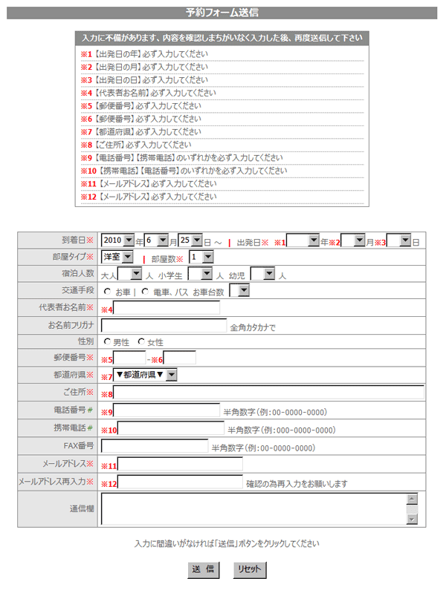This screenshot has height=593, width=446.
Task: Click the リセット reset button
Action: pos(248,570)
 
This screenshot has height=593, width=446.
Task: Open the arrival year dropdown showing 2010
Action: pos(118,240)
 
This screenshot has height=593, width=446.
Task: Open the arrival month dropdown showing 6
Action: pos(157,240)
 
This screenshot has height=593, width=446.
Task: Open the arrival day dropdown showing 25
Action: pos(190,240)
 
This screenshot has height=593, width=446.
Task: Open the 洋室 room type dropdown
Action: pos(117,257)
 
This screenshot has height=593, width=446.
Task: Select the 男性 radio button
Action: pos(109,341)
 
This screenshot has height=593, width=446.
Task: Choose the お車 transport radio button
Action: pos(108,292)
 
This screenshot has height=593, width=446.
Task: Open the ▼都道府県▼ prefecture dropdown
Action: pos(145,375)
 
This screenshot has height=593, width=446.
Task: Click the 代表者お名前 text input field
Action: pos(167,308)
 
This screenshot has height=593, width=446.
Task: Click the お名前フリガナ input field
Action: pos(164,325)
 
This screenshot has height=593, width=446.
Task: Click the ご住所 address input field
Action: pos(268,393)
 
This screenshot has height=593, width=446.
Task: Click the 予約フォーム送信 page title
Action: pos(222,13)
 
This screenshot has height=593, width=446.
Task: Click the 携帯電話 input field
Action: pos(171,428)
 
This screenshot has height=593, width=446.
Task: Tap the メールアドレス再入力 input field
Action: pos(180,482)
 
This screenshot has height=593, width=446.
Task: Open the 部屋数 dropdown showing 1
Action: pos(201,257)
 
